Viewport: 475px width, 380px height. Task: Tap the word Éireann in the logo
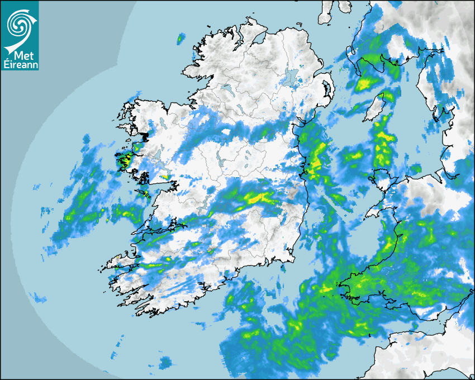coord(20,65)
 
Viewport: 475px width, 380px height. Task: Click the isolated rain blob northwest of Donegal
coord(180,39)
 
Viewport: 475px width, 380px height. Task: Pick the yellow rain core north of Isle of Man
coord(367,84)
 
